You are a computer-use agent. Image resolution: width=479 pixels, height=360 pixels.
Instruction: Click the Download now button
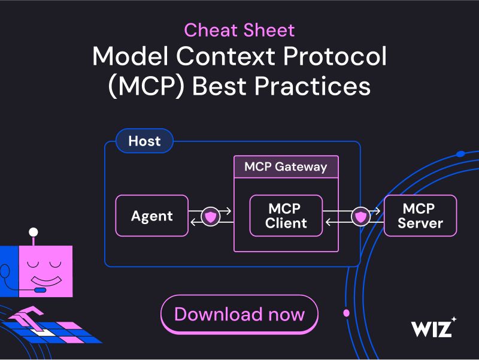[239, 314]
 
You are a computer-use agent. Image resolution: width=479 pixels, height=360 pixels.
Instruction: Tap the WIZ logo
[431, 329]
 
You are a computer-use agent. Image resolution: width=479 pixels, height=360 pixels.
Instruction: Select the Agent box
[151, 215]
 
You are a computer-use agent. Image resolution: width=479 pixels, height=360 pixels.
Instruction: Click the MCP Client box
[286, 216]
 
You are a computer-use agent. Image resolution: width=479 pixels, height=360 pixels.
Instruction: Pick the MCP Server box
[420, 216]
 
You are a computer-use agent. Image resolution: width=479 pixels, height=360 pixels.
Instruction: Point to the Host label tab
[144, 141]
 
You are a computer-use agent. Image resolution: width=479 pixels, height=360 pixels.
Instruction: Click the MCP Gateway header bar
[286, 167]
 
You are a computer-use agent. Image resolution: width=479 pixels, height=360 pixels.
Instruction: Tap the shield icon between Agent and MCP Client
[210, 216]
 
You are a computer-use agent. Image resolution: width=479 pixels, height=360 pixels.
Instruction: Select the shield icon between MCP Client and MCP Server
[359, 216]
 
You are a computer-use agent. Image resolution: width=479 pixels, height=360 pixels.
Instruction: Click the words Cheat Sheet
[239, 30]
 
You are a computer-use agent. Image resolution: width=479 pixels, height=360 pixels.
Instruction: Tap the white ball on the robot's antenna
[34, 232]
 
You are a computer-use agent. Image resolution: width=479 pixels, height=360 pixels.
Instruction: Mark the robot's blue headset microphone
[39, 290]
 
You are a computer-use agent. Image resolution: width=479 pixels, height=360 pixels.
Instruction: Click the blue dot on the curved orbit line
[460, 154]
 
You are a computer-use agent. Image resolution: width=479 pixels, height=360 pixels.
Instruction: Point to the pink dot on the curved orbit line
[345, 313]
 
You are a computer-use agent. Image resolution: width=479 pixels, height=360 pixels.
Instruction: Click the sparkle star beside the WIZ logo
[454, 319]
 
